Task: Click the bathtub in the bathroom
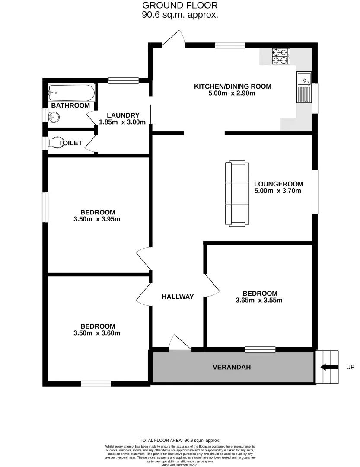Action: (72, 92)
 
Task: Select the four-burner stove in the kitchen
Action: (280, 57)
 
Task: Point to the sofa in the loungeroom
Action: (237, 193)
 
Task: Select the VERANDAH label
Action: (232, 368)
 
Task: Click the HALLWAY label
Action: (178, 297)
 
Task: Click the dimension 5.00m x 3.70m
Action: (278, 190)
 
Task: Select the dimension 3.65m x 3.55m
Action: (259, 300)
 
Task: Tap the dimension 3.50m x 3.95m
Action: (97, 219)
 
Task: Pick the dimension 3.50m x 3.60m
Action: (97, 333)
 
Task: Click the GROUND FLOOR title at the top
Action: (180, 6)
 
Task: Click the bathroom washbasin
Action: (54, 116)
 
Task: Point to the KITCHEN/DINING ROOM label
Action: (233, 86)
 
